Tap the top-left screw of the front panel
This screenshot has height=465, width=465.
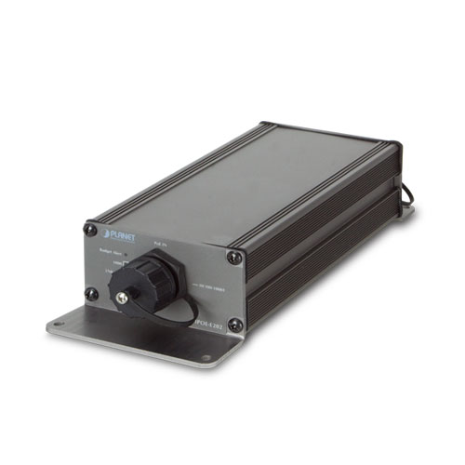90,226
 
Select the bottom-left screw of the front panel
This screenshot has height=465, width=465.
92,293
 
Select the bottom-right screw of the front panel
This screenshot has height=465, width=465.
234,325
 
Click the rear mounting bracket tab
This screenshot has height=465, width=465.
406,212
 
